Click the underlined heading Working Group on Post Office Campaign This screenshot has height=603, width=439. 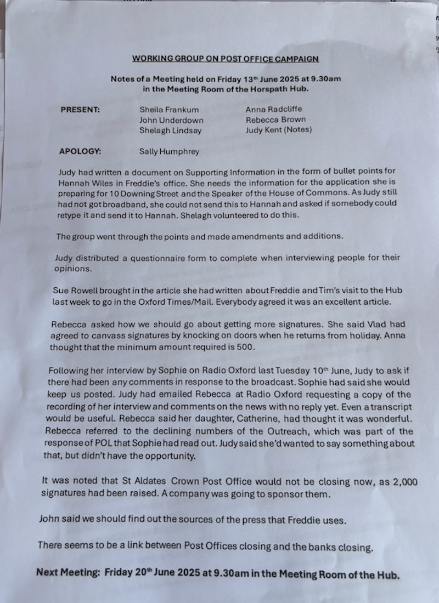pyautogui.click(x=225, y=59)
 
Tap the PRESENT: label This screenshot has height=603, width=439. pyautogui.click(x=80, y=109)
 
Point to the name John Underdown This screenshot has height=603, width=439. pyautogui.click(x=171, y=120)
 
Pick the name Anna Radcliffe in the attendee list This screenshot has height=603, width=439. pyautogui.click(x=273, y=109)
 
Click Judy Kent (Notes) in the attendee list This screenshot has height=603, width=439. pyautogui.click(x=279, y=130)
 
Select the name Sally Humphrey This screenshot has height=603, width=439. pyautogui.click(x=170, y=152)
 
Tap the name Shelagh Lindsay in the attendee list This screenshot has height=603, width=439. pyautogui.click(x=171, y=130)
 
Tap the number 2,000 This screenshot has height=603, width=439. pyautogui.click(x=404, y=482)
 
